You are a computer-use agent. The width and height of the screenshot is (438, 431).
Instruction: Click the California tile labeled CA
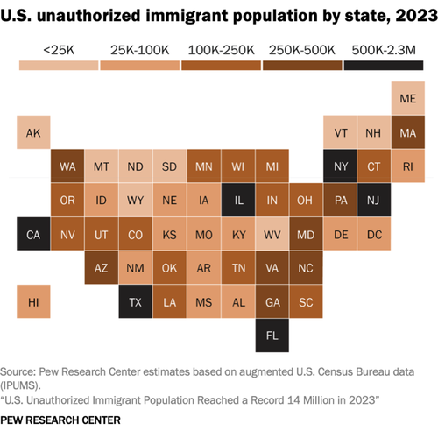coord(33,234)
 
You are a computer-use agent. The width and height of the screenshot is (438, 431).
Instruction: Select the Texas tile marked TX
coord(136,301)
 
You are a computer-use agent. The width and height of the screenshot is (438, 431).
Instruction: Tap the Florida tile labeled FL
coord(272,336)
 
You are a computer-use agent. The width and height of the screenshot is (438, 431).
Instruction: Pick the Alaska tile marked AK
coord(33,132)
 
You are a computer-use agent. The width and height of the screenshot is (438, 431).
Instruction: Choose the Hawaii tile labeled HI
coord(33,301)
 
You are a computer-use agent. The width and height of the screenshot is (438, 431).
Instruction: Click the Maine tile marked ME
coord(408,98)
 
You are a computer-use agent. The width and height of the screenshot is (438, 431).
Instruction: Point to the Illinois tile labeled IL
coord(238,200)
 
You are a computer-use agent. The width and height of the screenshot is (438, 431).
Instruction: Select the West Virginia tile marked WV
coord(272,234)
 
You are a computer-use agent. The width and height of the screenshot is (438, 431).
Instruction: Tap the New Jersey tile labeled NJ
coord(374,200)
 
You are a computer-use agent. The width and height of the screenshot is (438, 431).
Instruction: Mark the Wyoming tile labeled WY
coord(136,200)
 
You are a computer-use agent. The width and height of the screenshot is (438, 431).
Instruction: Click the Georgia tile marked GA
coord(272,301)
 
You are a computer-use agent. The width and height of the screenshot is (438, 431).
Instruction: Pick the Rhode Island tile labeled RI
coord(408,166)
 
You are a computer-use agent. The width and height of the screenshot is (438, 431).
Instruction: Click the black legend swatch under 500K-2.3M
coord(384,66)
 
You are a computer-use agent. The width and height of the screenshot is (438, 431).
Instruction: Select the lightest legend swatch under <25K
coord(59,66)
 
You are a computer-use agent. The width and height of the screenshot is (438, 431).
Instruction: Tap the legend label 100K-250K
coord(222,50)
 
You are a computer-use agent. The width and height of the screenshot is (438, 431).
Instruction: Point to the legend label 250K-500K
coord(302,50)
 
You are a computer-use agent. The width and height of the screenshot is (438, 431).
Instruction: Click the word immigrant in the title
coord(187,16)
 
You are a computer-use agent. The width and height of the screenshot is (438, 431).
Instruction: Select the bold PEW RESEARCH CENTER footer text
coord(60,420)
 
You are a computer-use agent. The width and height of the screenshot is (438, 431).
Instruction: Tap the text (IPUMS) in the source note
coord(20,385)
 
